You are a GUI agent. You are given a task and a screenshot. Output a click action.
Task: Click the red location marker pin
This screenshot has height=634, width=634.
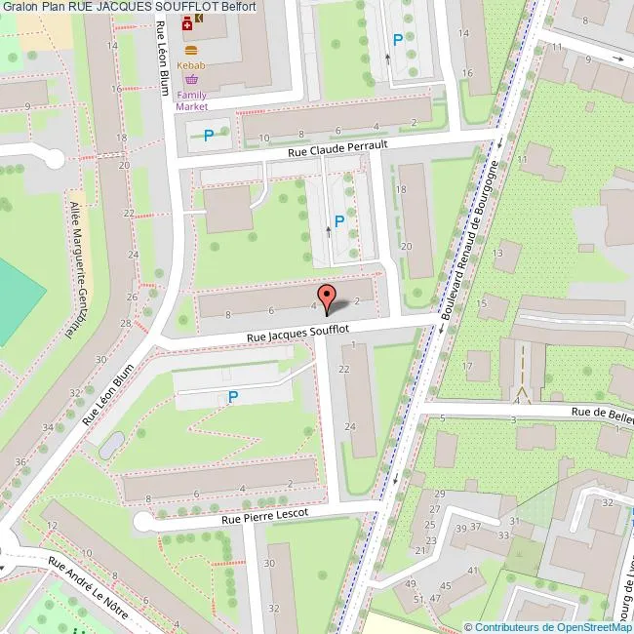coord(326,296)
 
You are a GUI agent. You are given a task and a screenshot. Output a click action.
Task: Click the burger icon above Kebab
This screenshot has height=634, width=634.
coord(189,49)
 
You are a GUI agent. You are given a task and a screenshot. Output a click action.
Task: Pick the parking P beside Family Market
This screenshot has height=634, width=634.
coord(209,136)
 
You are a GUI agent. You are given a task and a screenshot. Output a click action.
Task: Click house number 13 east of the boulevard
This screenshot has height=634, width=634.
coord(499,253)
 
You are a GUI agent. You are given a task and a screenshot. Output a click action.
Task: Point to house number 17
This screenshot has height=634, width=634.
coord(469,367)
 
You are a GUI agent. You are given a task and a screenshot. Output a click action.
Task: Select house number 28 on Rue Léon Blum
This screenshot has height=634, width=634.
coord(124,323)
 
